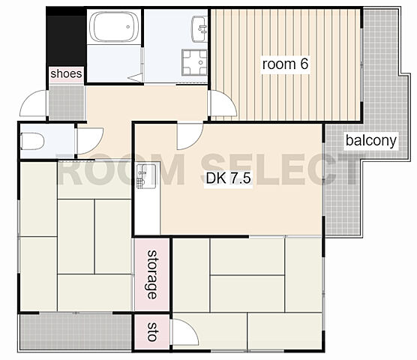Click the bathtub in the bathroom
[114, 26]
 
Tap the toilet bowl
[32, 141]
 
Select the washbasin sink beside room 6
[199, 29]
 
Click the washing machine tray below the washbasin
[194, 62]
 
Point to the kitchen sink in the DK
[146, 176]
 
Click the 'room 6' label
[285, 64]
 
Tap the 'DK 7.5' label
[229, 178]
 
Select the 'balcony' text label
[371, 140]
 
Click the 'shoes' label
[66, 73]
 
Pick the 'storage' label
[152, 274]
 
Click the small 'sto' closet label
[151, 331]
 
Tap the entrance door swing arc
[33, 103]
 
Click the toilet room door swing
[90, 141]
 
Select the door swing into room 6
[223, 103]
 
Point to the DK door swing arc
[190, 136]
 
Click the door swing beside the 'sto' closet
[185, 332]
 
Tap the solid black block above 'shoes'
[67, 37]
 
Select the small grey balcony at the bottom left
[76, 332]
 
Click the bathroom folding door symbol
[136, 78]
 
